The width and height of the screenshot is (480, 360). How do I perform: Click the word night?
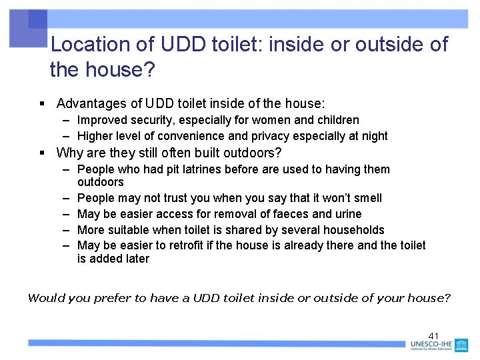(x=374, y=136)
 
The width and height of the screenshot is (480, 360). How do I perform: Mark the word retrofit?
(x=187, y=245)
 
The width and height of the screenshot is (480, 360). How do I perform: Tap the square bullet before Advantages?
(x=41, y=104)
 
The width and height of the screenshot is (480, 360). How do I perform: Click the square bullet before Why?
(x=41, y=153)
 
